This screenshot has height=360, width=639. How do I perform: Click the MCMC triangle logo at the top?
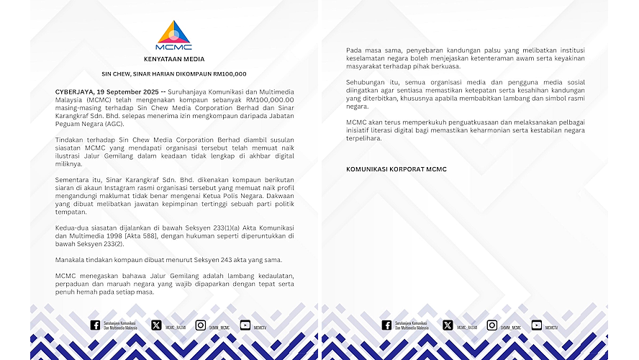(173, 33)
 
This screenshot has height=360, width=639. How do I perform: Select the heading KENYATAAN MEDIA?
(173, 59)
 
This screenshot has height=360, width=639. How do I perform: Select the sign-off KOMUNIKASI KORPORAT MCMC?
(396, 169)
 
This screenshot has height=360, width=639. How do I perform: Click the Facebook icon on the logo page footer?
(95, 325)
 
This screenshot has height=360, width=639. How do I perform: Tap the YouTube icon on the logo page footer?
(245, 325)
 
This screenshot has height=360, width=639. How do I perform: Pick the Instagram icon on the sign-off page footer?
(491, 325)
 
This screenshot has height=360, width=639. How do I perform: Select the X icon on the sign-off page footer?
(448, 325)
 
